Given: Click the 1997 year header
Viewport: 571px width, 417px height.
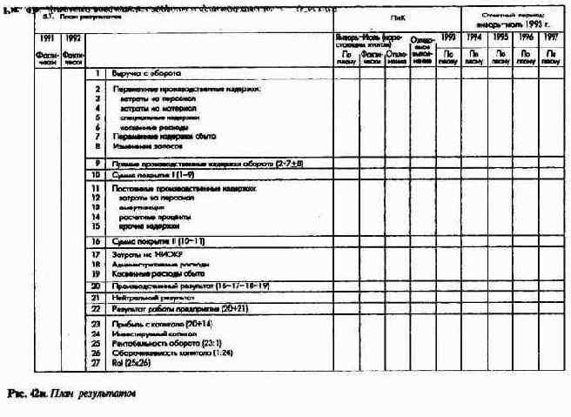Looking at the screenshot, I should click(550, 38).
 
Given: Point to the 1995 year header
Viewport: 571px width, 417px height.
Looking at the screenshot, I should click(500, 38).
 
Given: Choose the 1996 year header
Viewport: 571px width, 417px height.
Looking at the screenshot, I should click(525, 38).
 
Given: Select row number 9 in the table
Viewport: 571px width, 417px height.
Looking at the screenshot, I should click(98, 163).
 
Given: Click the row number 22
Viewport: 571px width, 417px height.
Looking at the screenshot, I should click(97, 308).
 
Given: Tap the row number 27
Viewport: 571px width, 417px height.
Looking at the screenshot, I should click(97, 365).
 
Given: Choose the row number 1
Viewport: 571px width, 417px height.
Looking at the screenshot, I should click(98, 73).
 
